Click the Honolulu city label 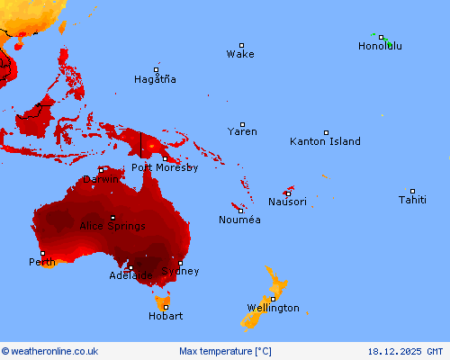(x=380, y=46)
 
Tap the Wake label (x=240, y=54)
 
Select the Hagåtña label (x=155, y=79)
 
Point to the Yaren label (x=242, y=131)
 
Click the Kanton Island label (x=325, y=141)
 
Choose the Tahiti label (x=413, y=200)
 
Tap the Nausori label (x=287, y=202)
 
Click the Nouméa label (x=239, y=220)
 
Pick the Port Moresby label (x=165, y=167)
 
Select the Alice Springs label (x=112, y=226)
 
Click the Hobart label (x=166, y=316)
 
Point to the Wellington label (x=273, y=308)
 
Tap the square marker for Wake (x=241, y=45)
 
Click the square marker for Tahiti (x=413, y=191)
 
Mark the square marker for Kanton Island (x=327, y=132)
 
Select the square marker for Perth (x=41, y=253)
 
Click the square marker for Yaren (x=242, y=124)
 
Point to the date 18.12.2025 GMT (x=405, y=351)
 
